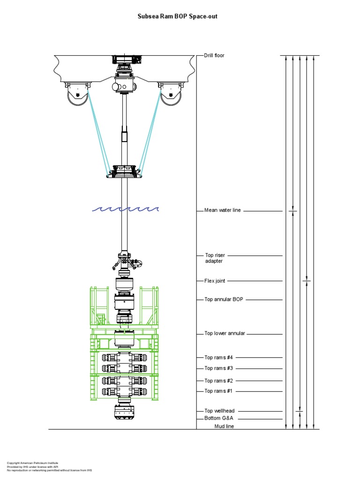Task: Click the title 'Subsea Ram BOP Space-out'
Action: (x=177, y=16)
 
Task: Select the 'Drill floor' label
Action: (x=214, y=55)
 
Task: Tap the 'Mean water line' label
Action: (x=223, y=210)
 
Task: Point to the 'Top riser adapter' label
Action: (x=215, y=258)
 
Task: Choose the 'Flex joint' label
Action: (x=215, y=281)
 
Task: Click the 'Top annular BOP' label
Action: (x=224, y=299)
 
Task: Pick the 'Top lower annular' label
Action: (x=225, y=334)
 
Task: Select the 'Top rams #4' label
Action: (x=218, y=357)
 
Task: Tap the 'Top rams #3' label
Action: (x=218, y=368)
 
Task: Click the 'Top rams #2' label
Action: (x=218, y=381)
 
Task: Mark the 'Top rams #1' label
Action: (x=218, y=391)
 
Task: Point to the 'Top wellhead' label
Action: (x=219, y=411)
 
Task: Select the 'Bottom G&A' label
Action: (x=218, y=418)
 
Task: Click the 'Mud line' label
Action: (x=224, y=426)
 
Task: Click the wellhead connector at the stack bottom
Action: (x=125, y=412)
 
